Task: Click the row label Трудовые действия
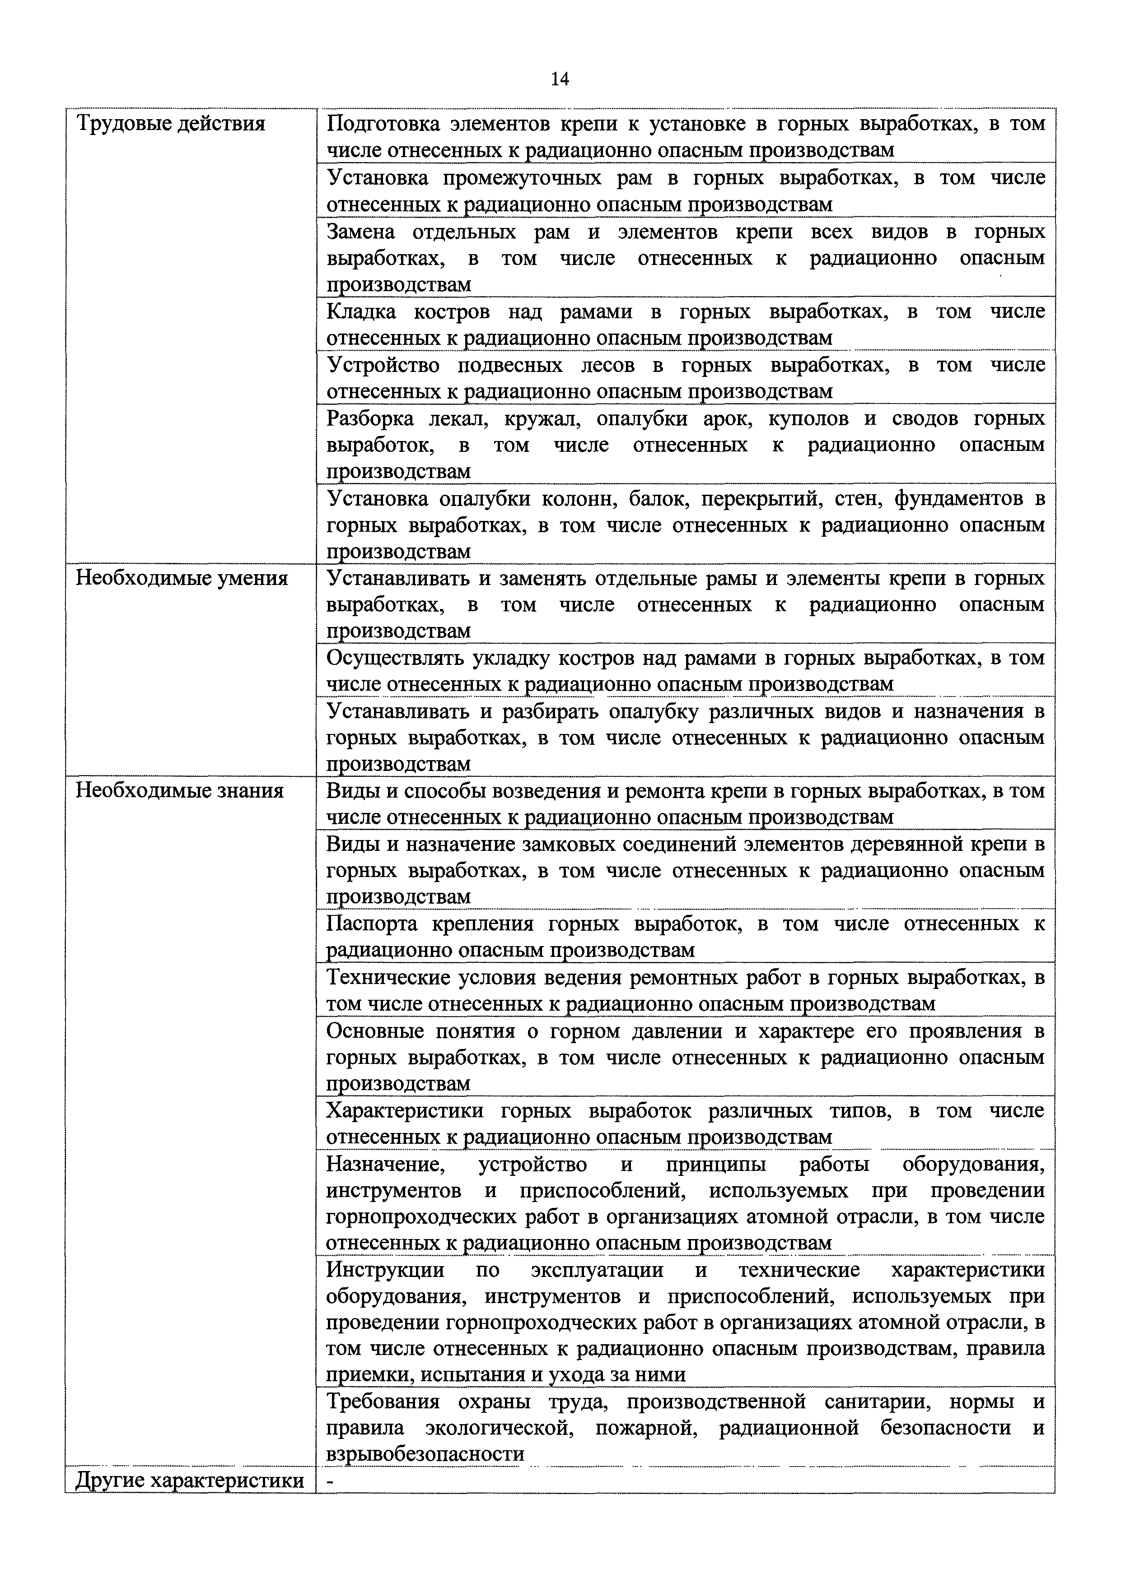[x=170, y=124]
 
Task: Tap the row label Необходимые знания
[x=179, y=790]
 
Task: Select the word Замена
[x=360, y=232]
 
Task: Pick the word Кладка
[x=361, y=312]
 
